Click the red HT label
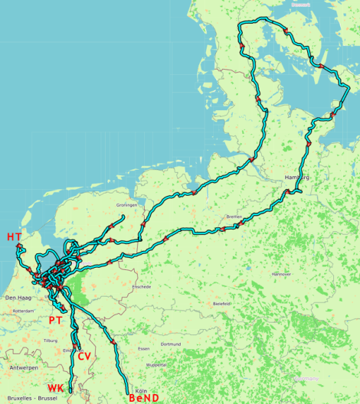point(14,237)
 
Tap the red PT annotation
point(55,320)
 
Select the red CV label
point(84,357)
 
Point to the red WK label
point(55,388)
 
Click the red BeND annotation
point(144,398)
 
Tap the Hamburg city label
point(296,178)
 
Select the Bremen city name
point(234,217)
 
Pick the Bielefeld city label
point(222,304)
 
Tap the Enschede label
point(142,287)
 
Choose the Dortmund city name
point(170,344)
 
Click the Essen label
point(144,349)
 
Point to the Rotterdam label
point(23,311)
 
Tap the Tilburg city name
point(51,340)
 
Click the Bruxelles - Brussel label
point(31,399)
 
